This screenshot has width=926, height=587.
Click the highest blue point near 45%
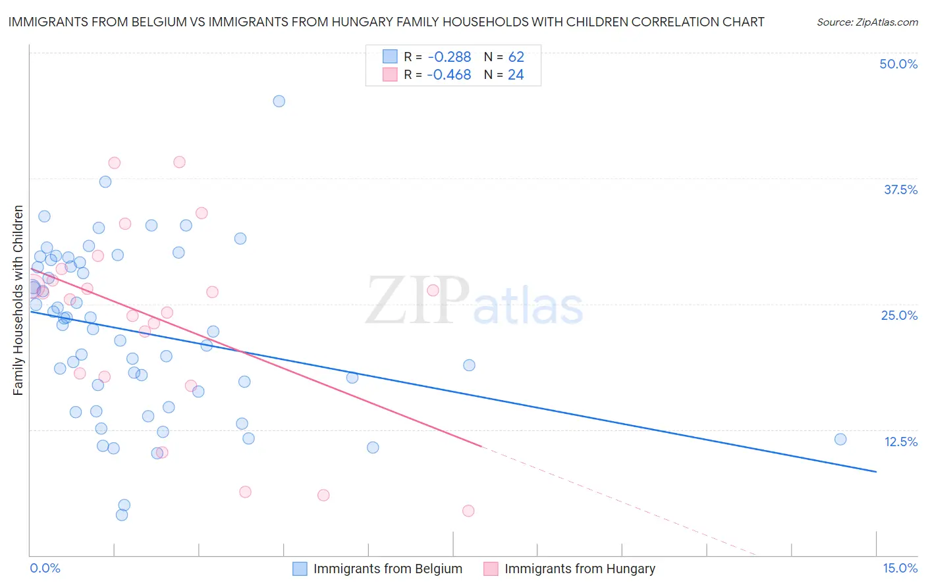pos(279,101)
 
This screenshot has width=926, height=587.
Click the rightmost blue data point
pos(840,440)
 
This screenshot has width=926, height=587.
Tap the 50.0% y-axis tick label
pos(898,64)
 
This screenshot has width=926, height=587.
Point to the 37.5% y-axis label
pos(900,190)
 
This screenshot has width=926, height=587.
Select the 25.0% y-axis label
pos(899,316)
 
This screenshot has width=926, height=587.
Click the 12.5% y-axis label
pos(900,442)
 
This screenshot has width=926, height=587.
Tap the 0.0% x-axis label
pos(45,569)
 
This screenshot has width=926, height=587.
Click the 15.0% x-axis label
pos(900,569)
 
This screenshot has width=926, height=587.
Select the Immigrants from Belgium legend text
pos(388,569)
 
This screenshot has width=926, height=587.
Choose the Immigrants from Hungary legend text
pos(580,569)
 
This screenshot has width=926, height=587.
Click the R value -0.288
pos(449,57)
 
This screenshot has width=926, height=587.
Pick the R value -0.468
pos(449,75)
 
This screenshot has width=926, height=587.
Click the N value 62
pos(516,57)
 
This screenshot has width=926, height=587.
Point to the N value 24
pos(516,75)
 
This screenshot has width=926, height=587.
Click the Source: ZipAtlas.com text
pos(867,22)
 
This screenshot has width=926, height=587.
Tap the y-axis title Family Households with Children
pos(18,300)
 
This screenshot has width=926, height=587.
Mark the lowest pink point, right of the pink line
pos(468,511)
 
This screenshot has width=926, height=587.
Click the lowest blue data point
pos(122,515)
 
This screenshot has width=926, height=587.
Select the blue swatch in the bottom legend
pos(300,569)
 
